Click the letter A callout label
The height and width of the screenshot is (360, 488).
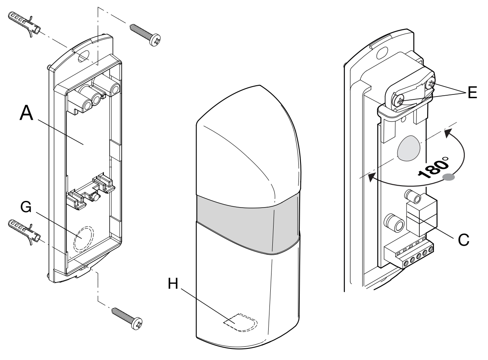(26, 113)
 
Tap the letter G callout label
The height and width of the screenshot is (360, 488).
(26, 207)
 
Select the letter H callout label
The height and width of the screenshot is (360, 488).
(173, 284)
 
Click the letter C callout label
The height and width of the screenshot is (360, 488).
(464, 240)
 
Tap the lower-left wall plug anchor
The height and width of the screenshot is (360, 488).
(24, 232)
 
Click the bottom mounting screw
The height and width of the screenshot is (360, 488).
(127, 319)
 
